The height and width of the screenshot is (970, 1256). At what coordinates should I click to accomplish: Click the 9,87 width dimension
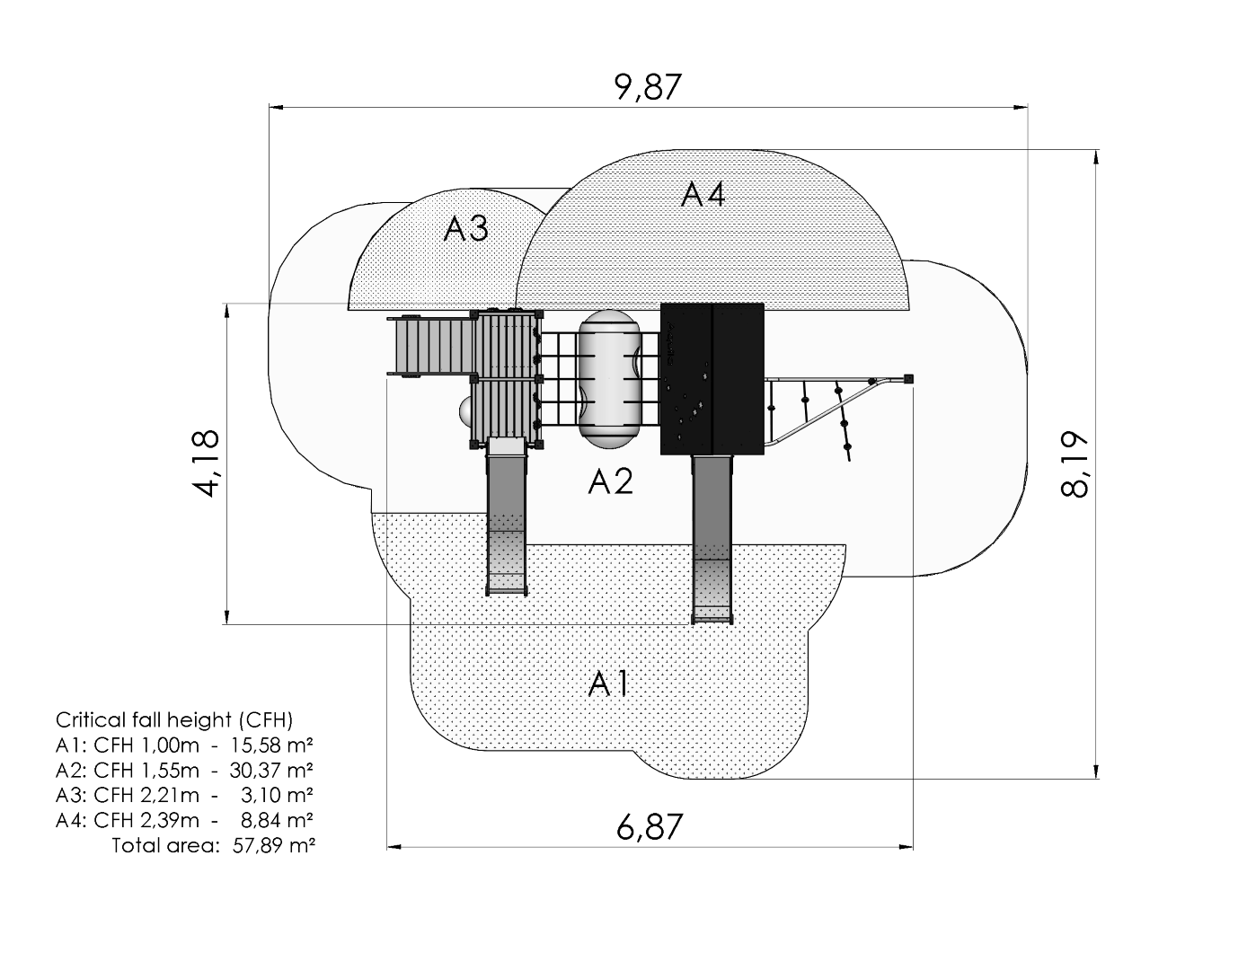[649, 88]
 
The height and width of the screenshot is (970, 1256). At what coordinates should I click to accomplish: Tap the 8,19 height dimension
[1075, 463]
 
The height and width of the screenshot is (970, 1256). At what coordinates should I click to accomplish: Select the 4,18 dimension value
[206, 463]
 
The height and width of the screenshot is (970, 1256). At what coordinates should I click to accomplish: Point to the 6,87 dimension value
[650, 826]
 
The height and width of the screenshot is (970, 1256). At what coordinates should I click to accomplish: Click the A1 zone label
[608, 684]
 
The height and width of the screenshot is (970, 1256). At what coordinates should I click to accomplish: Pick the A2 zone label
[610, 482]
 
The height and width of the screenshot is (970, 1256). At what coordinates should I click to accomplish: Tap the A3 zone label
[465, 229]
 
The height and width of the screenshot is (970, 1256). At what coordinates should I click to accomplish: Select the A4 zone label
[703, 194]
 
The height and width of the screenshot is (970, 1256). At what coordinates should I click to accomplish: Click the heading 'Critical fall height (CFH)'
[174, 719]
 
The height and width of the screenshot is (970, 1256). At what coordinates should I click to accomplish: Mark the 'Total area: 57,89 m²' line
[213, 845]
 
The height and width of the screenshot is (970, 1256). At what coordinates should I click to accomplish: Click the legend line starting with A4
[184, 820]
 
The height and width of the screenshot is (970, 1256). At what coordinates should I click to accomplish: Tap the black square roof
[712, 378]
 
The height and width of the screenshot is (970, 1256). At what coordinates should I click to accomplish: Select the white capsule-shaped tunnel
[607, 378]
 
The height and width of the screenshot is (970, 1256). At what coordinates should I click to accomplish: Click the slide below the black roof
[712, 539]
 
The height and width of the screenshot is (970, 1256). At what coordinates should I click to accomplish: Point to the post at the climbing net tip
[909, 378]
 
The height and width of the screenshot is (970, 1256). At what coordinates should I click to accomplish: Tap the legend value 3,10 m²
[279, 795]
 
